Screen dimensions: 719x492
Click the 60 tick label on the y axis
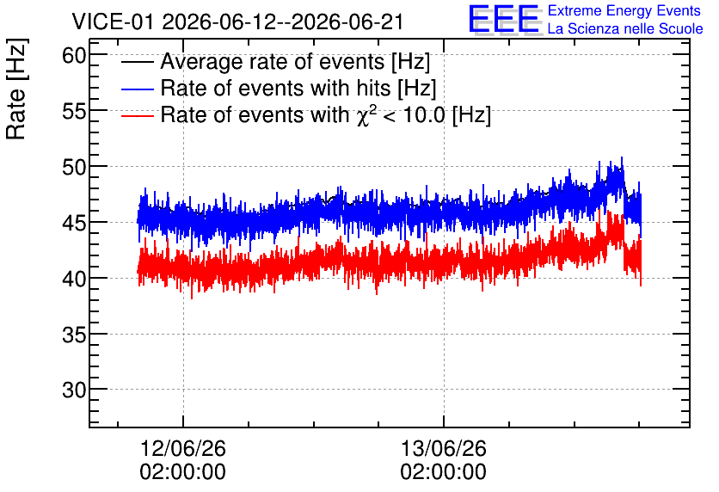coord(74,56)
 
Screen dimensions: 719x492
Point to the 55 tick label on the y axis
coord(74,111)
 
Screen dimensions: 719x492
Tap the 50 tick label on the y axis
coord(74,167)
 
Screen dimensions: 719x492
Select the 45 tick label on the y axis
coord(74,223)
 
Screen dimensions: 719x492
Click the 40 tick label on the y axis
coord(74,279)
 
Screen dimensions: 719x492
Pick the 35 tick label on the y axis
coord(74,335)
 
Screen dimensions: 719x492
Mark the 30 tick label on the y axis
coord(74,390)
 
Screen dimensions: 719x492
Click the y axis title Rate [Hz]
coord(16,89)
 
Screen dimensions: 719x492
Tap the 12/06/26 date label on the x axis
coord(183,448)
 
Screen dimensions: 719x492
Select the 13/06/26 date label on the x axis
coord(444,448)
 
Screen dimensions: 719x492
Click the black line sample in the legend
coord(137,62)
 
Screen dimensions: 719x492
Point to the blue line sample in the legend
coord(137,89)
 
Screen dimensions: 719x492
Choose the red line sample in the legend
coord(137,115)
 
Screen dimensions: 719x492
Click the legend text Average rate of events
coord(273,61)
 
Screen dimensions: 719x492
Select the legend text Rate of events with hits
coord(275,88)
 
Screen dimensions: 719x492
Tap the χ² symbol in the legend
coord(364,114)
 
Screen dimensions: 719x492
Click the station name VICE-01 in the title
coord(114,22)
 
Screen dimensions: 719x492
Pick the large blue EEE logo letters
coord(505,19)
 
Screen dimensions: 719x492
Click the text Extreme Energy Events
coord(624,10)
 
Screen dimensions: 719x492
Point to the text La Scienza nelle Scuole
coord(625,28)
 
